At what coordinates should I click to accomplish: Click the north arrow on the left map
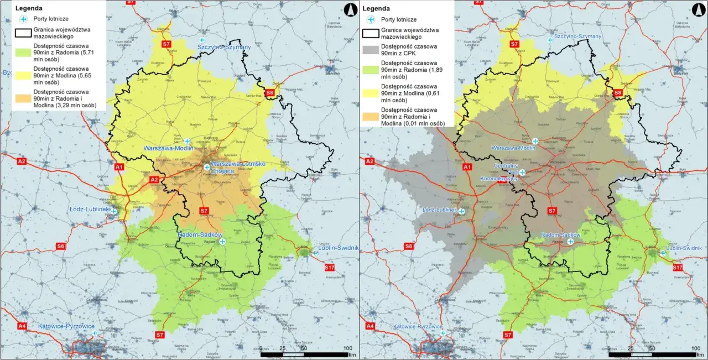click(349, 9)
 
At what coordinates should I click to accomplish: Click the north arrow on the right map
click(696, 9)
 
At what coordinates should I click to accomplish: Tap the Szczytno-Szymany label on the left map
click(224, 48)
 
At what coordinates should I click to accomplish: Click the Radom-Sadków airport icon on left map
click(222, 241)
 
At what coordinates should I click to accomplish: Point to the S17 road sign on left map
click(330, 268)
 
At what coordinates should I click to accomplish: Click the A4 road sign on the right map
click(369, 326)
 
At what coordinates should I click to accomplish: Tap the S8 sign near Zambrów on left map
click(269, 92)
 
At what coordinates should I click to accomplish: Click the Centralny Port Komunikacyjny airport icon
click(522, 173)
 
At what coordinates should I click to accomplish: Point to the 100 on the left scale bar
click(347, 348)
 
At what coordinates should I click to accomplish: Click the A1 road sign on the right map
click(467, 167)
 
